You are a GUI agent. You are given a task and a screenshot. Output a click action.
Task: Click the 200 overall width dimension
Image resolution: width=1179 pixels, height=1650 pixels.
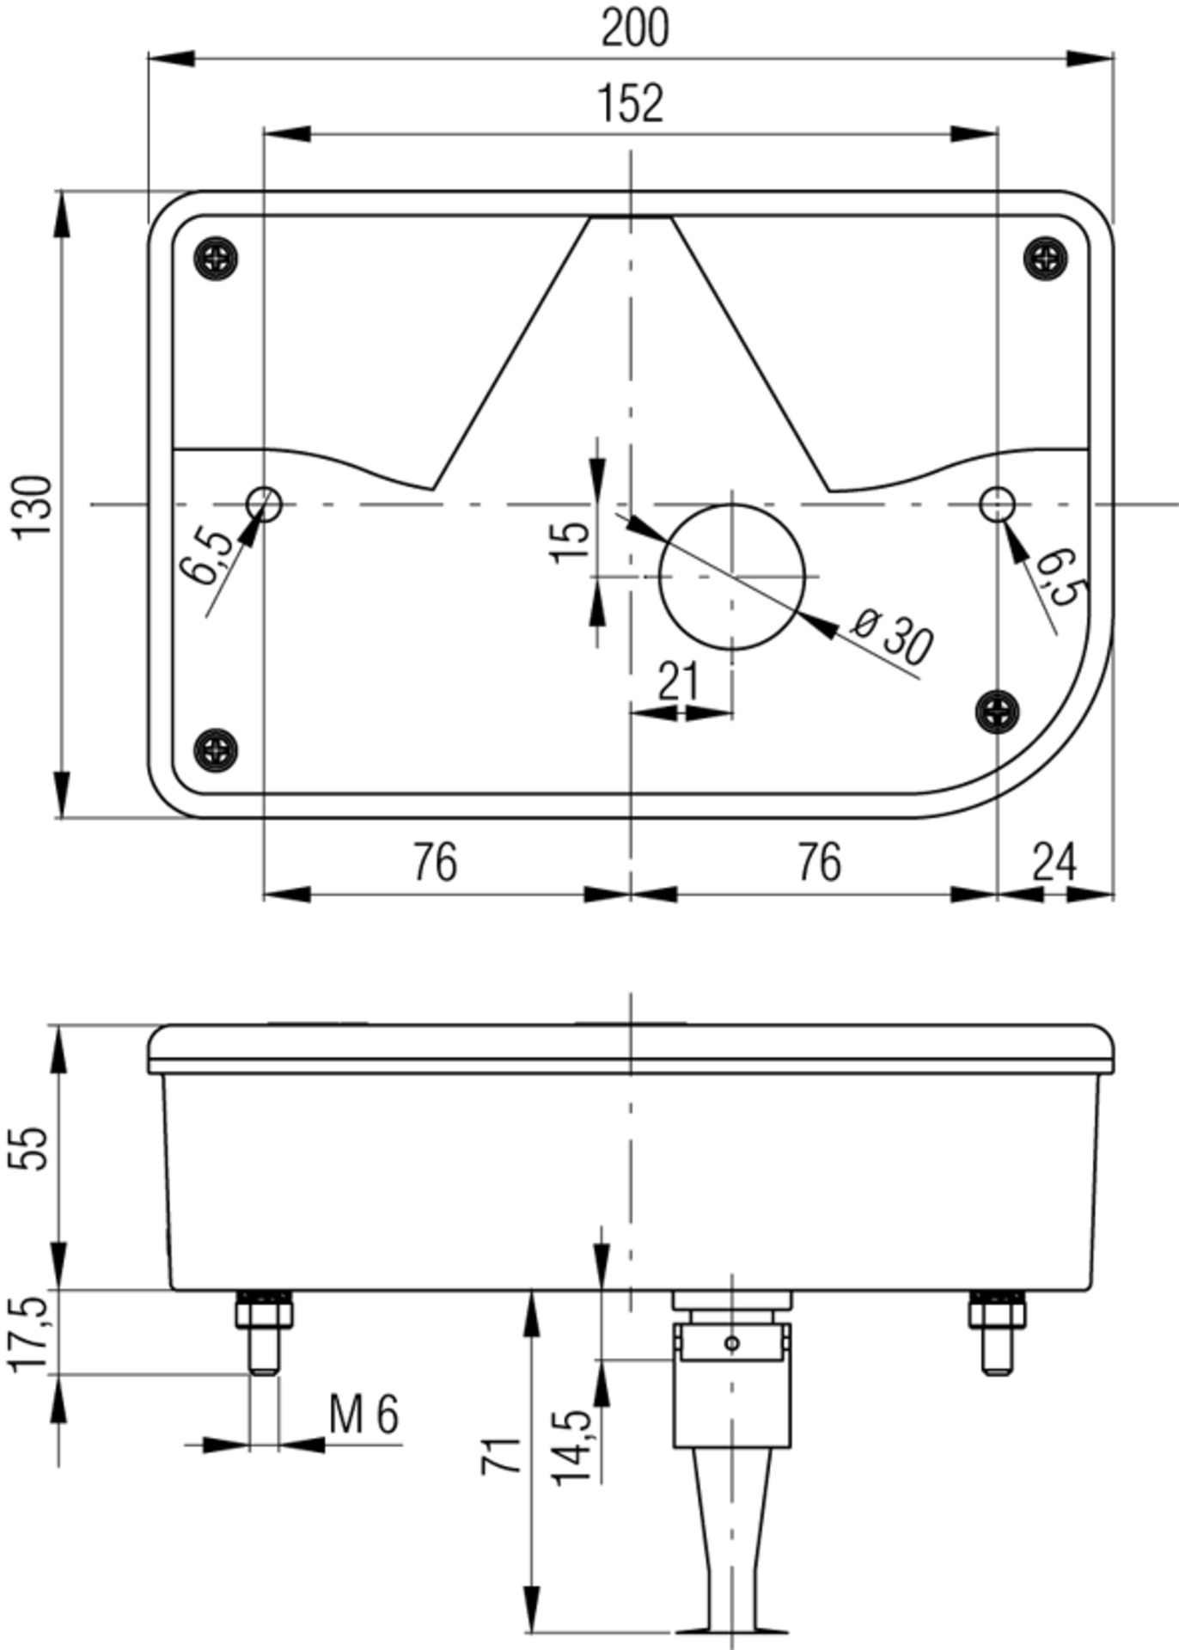pos(634,27)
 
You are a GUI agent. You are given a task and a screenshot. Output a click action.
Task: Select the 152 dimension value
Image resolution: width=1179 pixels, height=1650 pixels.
pos(631,104)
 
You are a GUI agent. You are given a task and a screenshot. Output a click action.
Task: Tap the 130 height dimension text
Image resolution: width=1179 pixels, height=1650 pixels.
pos(34,505)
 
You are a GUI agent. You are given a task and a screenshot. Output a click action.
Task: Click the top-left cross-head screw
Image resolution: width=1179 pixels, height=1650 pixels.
pos(216,257)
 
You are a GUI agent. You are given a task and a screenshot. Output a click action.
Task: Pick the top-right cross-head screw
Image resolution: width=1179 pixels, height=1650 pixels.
pos(1046,257)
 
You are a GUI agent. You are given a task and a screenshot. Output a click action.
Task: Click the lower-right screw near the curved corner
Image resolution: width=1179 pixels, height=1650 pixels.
pos(998,711)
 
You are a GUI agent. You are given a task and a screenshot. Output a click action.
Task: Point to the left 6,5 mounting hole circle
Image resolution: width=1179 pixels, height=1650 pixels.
pos(264,504)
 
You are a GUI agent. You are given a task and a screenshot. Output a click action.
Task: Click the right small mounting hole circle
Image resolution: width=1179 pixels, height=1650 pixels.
pos(997,504)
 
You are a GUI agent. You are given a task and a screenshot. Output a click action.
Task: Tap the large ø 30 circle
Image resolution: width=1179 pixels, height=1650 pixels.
pos(731,577)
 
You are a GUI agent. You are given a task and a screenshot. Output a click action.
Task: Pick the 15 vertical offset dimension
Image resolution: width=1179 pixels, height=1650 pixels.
pos(571,541)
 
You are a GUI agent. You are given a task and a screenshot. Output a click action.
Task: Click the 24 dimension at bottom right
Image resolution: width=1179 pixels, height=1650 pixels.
pos(1054,862)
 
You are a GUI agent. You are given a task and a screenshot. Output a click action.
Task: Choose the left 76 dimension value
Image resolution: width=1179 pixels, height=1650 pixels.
pos(435,862)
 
